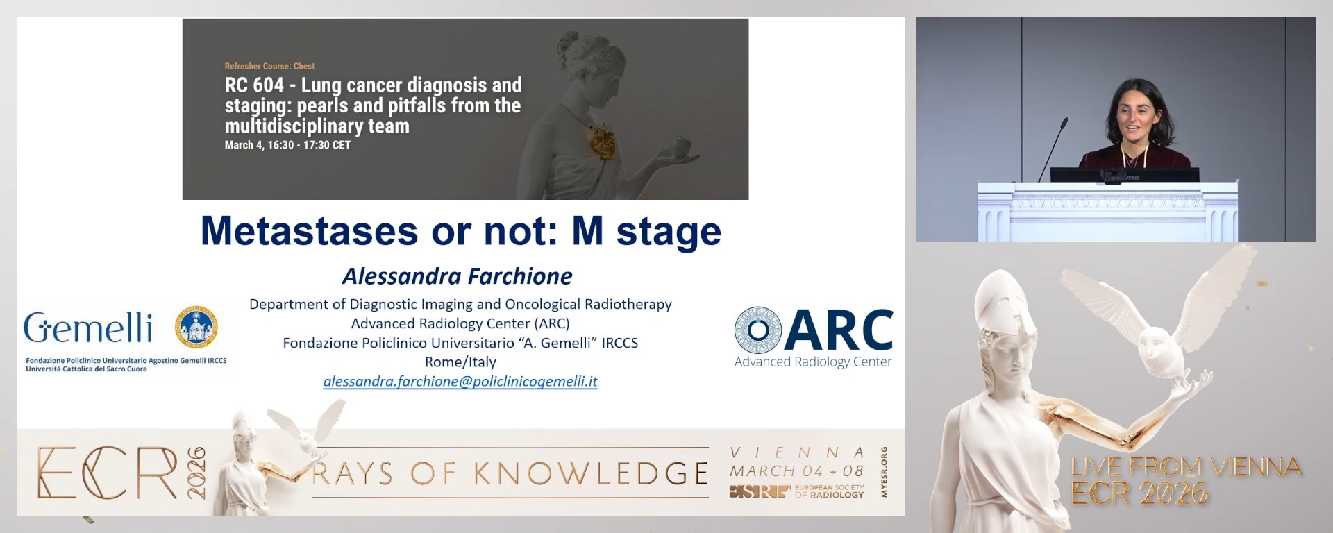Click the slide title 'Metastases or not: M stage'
click(x=460, y=231)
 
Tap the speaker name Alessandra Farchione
click(x=457, y=276)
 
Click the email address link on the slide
click(x=460, y=381)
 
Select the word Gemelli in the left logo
click(x=88, y=328)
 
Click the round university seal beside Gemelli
click(x=196, y=327)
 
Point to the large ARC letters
click(x=839, y=331)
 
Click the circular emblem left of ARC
click(x=757, y=330)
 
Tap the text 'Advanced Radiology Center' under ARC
click(x=813, y=362)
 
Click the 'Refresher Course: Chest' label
click(x=269, y=66)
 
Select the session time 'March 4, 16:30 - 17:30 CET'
click(x=287, y=145)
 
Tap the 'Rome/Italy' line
click(x=460, y=362)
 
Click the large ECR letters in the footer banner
click(x=108, y=473)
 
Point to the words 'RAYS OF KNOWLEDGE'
click(x=510, y=474)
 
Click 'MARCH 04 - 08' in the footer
click(x=796, y=471)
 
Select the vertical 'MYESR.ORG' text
click(x=884, y=472)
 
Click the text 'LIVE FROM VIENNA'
click(x=1186, y=466)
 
